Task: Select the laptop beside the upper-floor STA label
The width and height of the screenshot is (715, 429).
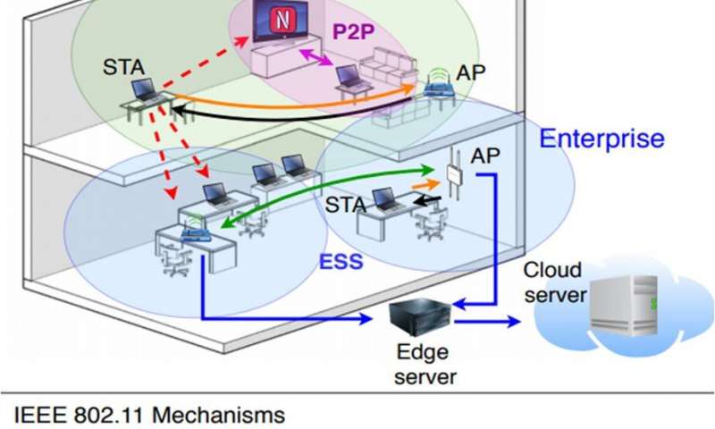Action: coord(144,90)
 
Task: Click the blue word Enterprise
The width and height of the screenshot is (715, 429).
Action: coord(601,139)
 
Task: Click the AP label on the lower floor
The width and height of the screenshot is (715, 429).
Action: coord(485,156)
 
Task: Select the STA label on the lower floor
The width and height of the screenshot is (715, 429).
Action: coord(345,205)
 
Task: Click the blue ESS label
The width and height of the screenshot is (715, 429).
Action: coord(341,265)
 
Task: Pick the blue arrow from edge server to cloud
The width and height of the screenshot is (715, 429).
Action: coord(488,321)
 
